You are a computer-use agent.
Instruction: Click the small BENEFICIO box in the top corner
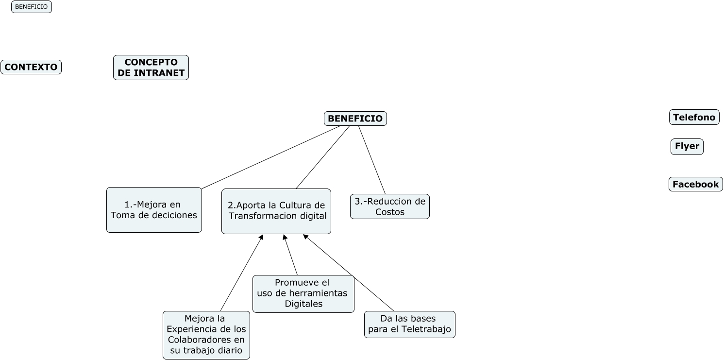tap(32, 7)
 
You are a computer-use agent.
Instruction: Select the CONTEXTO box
tap(31, 67)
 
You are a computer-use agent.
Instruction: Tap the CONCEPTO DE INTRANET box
tap(151, 68)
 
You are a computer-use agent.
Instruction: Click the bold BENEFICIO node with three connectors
tap(355, 119)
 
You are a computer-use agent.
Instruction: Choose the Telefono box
tap(694, 117)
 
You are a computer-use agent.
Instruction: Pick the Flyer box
tap(687, 146)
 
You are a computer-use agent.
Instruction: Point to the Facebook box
tap(695, 184)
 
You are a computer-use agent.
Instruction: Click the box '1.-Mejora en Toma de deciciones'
tap(154, 210)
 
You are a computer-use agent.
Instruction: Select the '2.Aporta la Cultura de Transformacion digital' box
tap(276, 211)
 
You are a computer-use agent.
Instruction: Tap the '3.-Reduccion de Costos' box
tap(389, 206)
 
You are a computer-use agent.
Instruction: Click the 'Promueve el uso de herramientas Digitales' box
tap(303, 293)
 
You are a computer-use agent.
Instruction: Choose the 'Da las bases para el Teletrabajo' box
tap(409, 325)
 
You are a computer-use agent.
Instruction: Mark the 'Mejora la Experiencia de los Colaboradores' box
tap(206, 335)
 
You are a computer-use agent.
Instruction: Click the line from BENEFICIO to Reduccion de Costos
tap(372, 160)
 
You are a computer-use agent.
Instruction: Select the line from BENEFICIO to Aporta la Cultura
tap(322, 157)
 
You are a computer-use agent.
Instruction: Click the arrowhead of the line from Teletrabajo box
tap(305, 237)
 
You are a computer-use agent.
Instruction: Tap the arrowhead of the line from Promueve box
tap(285, 237)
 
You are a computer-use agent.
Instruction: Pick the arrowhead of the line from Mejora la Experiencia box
tap(261, 237)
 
